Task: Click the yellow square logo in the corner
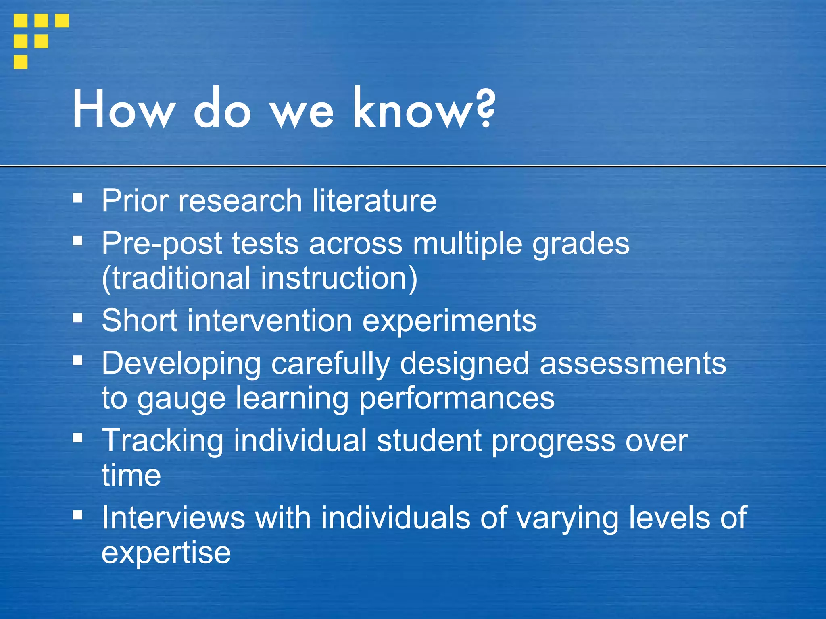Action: click(x=40, y=41)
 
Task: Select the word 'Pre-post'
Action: click(x=162, y=243)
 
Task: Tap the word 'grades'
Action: click(x=580, y=244)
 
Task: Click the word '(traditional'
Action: click(x=175, y=278)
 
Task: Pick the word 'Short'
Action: click(x=139, y=321)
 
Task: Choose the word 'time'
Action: click(x=131, y=475)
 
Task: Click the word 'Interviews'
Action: click(x=173, y=518)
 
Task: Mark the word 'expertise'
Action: click(x=166, y=553)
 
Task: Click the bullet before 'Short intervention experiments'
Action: click(x=77, y=318)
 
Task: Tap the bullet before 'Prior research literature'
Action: click(x=77, y=198)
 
